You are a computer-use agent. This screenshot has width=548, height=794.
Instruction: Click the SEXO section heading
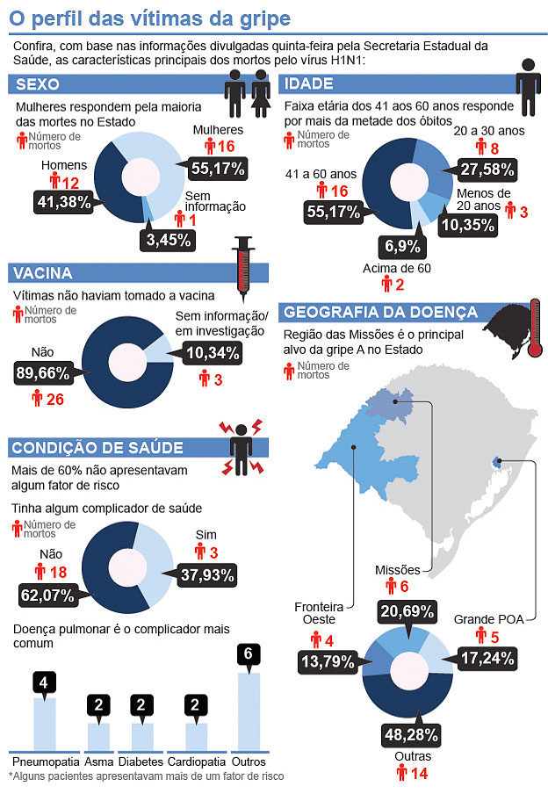[37, 84]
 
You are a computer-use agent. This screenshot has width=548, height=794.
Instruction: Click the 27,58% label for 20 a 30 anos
[481, 169]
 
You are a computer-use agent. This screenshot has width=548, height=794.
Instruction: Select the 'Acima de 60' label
[397, 267]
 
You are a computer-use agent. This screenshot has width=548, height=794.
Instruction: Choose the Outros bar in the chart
[249, 711]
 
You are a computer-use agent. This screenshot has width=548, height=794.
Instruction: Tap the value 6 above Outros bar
[249, 654]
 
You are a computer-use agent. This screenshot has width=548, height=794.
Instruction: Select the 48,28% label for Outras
[409, 733]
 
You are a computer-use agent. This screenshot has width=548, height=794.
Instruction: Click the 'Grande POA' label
[487, 619]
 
